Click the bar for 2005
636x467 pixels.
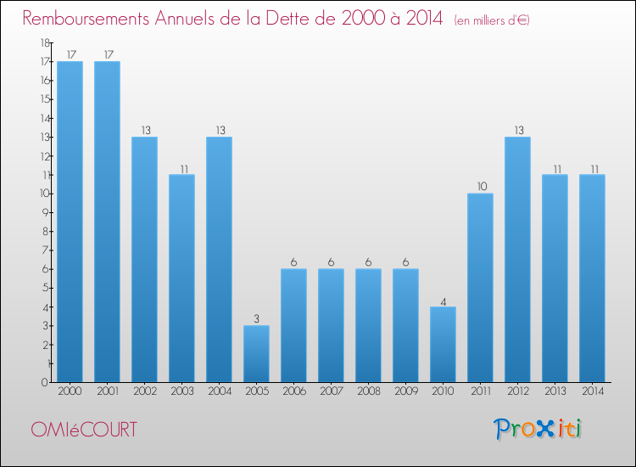pyautogui.click(x=256, y=353)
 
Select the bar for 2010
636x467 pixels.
pyautogui.click(x=443, y=344)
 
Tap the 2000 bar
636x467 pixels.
pyautogui.click(x=70, y=222)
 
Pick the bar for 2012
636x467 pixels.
pyautogui.click(x=517, y=259)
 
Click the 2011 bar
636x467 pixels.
pyautogui.click(x=480, y=287)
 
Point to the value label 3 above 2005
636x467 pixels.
pyautogui.click(x=256, y=319)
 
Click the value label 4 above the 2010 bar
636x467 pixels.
pyautogui.click(x=443, y=301)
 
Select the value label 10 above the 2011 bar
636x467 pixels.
pyautogui.click(x=480, y=187)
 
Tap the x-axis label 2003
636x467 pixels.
pyautogui.click(x=181, y=392)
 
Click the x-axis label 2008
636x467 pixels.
pyautogui.click(x=368, y=392)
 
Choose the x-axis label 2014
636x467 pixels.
pyautogui.click(x=592, y=392)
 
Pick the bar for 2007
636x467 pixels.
pyautogui.click(x=331, y=325)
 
